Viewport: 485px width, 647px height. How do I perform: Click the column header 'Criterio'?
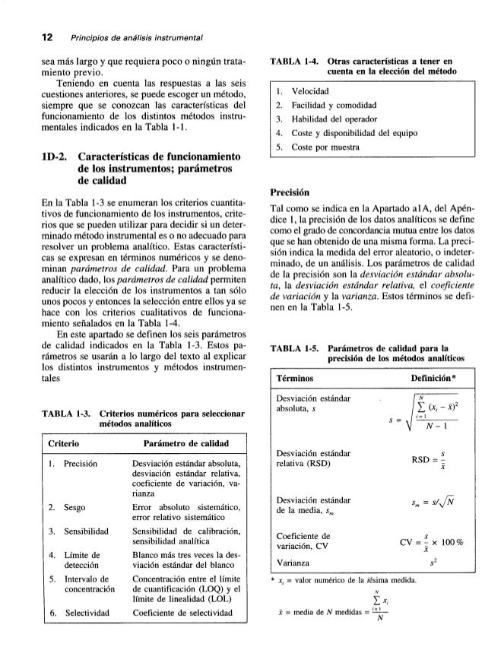(x=62, y=442)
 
